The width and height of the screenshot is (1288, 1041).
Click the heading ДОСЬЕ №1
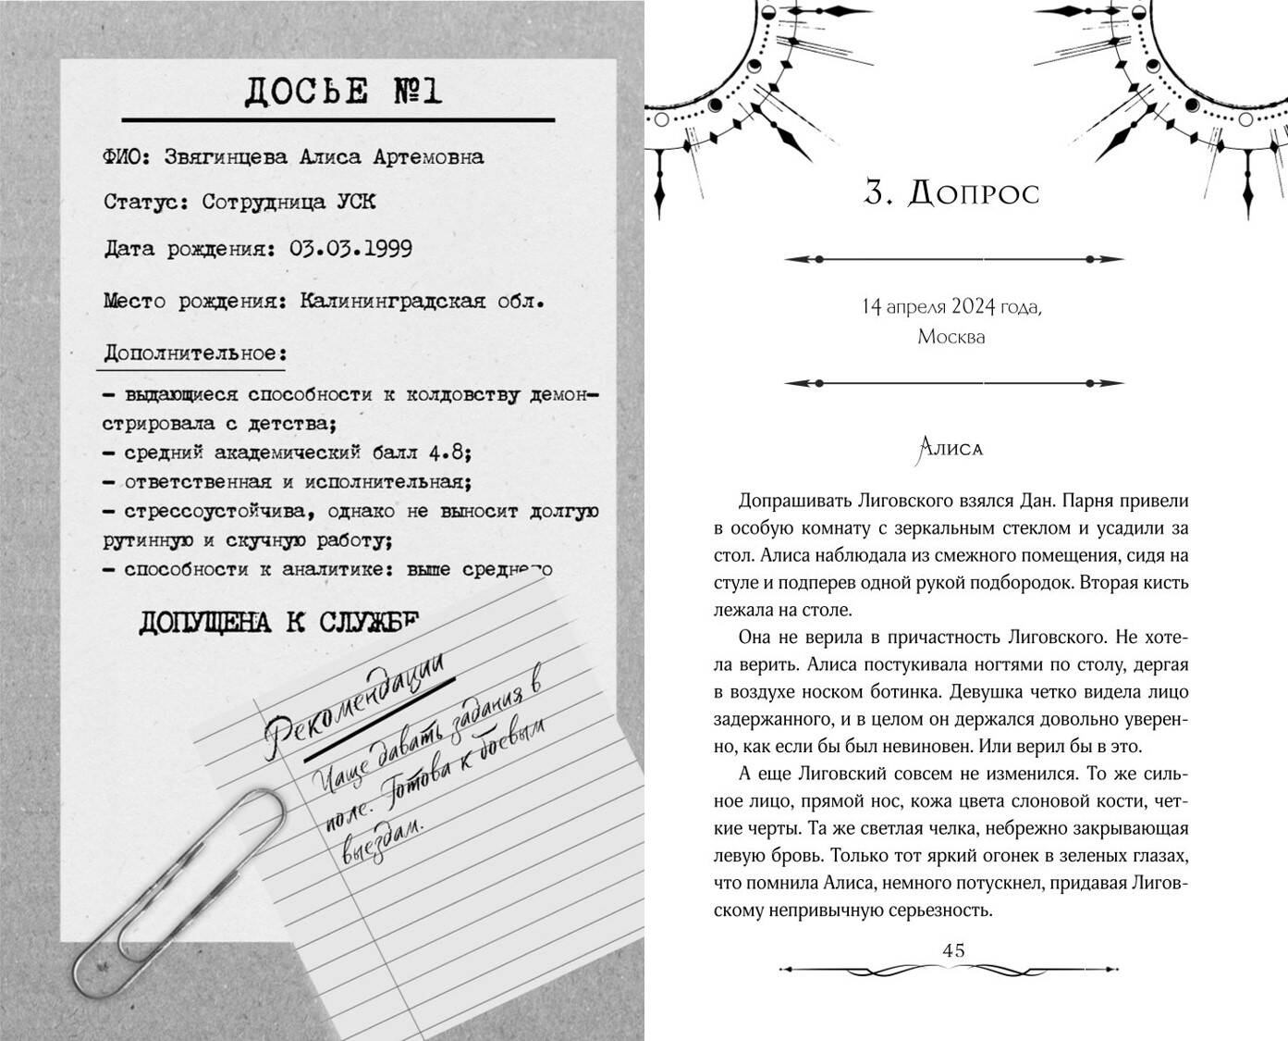(x=343, y=92)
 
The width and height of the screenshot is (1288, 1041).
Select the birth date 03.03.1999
(x=350, y=249)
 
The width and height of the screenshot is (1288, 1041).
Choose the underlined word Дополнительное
(x=194, y=353)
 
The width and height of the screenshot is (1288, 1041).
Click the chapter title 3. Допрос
(x=951, y=193)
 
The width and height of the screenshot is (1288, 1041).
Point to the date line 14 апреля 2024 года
(x=951, y=306)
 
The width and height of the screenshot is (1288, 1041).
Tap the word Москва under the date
(x=951, y=337)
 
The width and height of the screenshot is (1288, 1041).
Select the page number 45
(x=952, y=950)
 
